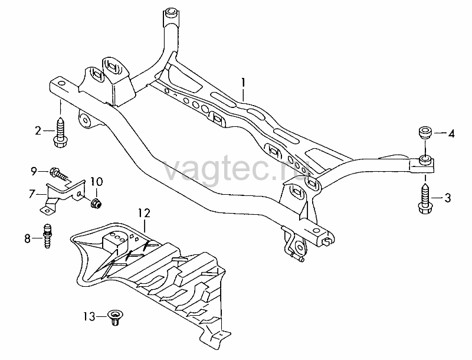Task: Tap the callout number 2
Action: [x=38, y=131]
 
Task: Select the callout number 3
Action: [x=448, y=198]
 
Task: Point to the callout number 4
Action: [x=451, y=133]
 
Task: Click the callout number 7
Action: [x=32, y=194]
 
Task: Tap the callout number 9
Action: [x=34, y=172]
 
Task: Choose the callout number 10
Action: [x=96, y=182]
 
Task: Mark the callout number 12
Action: [x=144, y=213]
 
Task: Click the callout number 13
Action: [x=90, y=316]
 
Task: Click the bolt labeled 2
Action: [x=61, y=133]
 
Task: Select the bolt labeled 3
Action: [x=425, y=199]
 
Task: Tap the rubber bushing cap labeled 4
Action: [x=425, y=133]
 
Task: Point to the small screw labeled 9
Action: [x=60, y=174]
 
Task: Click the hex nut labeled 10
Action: [x=97, y=203]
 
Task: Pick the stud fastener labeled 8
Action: [x=47, y=235]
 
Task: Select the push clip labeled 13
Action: [x=115, y=318]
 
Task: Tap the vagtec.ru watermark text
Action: [x=236, y=170]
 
